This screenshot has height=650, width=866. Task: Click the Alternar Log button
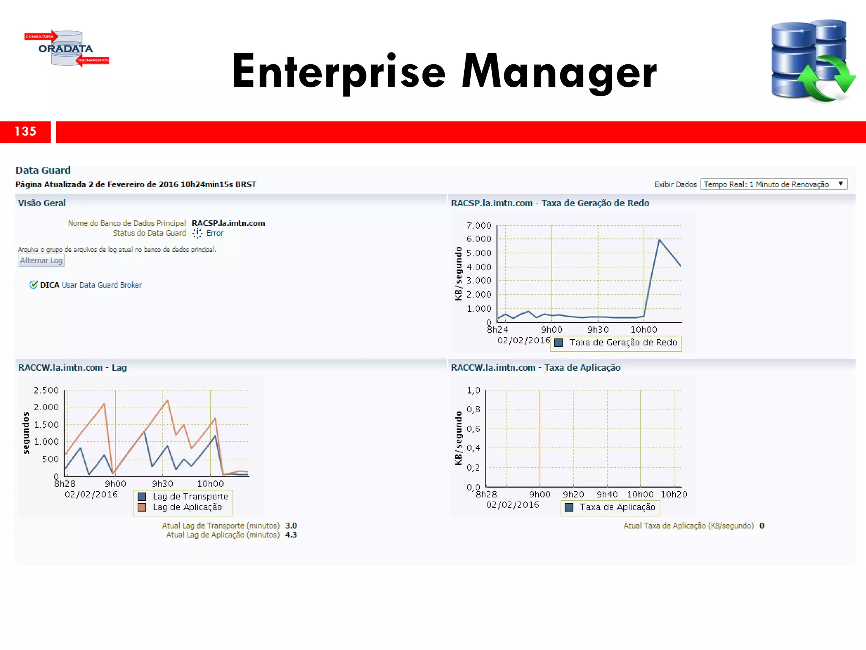41,261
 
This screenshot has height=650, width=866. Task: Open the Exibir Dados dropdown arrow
841,184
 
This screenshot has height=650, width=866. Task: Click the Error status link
215,233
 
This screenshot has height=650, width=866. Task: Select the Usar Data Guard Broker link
101,285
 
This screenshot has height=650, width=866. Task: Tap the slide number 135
25,132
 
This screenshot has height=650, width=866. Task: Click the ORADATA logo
66,49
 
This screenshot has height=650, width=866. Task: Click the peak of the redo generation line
659,240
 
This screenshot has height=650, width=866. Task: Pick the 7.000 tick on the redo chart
479,226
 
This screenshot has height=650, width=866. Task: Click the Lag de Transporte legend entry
190,496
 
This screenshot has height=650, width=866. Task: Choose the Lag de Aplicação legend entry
187,507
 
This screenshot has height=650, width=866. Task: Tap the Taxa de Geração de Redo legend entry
622,342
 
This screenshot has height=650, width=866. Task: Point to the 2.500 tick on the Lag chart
46,390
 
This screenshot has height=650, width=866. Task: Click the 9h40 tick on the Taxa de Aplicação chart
607,494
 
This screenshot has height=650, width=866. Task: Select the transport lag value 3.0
291,526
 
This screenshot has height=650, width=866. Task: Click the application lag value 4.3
291,535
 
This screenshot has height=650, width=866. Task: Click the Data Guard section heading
43,170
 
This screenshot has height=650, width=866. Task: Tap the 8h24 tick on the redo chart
497,330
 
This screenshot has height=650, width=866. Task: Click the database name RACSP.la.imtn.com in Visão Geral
228,223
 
